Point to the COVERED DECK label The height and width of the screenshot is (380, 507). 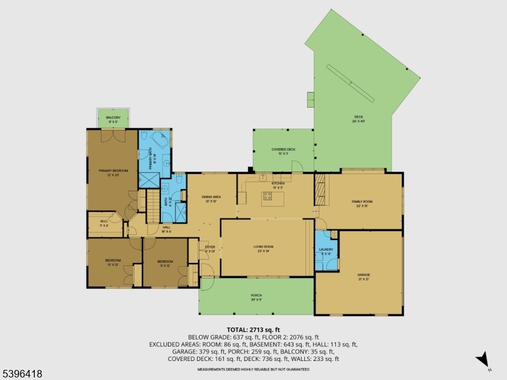tap(283, 151)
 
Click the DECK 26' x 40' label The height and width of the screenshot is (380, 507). tap(358, 118)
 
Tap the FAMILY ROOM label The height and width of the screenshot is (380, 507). tap(364, 203)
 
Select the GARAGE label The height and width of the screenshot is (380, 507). tap(363, 275)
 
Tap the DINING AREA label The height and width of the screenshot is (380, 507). tap(211, 198)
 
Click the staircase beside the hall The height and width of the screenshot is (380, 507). tap(154, 208)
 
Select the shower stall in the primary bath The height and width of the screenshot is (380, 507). tap(149, 179)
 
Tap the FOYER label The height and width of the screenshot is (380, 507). tap(210, 248)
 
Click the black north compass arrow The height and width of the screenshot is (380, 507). tap(483, 359)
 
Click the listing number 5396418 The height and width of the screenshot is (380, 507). tap(22, 374)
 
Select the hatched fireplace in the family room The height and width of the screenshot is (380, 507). tap(321, 189)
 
